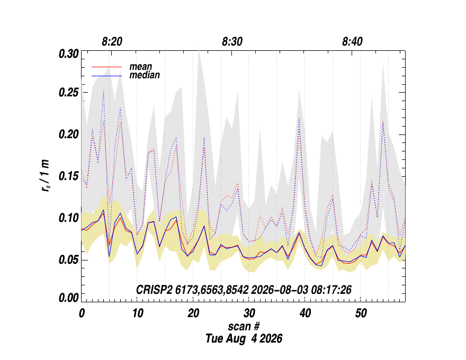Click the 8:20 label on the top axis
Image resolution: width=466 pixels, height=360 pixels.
pos(112,42)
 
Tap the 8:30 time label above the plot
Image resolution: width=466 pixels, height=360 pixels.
pos(232,42)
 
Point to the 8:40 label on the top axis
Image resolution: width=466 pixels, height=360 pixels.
pos(352,42)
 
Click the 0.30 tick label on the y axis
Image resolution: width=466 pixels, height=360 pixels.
pos(69,54)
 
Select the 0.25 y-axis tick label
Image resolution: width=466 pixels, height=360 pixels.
pos(69,93)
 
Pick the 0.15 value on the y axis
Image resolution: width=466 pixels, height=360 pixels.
pos(69,176)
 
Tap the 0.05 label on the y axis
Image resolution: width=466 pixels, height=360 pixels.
pos(69,260)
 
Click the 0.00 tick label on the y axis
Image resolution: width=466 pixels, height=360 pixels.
pos(69,298)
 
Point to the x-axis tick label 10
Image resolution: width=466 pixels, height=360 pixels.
pos(138,313)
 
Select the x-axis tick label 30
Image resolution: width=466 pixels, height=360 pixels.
pos(249,313)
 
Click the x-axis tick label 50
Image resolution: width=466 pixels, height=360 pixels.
pos(361,313)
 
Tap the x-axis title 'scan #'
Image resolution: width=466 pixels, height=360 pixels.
pos(244,326)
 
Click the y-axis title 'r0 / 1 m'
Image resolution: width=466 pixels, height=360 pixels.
pos(46,176)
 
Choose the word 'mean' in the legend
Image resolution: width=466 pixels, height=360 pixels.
pos(140,67)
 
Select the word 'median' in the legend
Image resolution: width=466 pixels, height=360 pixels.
pos(145,75)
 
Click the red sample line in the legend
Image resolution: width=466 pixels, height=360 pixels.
pos(106,67)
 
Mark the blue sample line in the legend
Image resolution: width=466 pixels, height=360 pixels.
pos(106,76)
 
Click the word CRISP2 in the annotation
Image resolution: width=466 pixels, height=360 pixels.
pos(154,290)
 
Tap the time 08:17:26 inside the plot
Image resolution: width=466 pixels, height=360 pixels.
pos(331,290)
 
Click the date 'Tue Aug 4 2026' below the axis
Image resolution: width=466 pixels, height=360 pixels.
pos(244,338)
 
